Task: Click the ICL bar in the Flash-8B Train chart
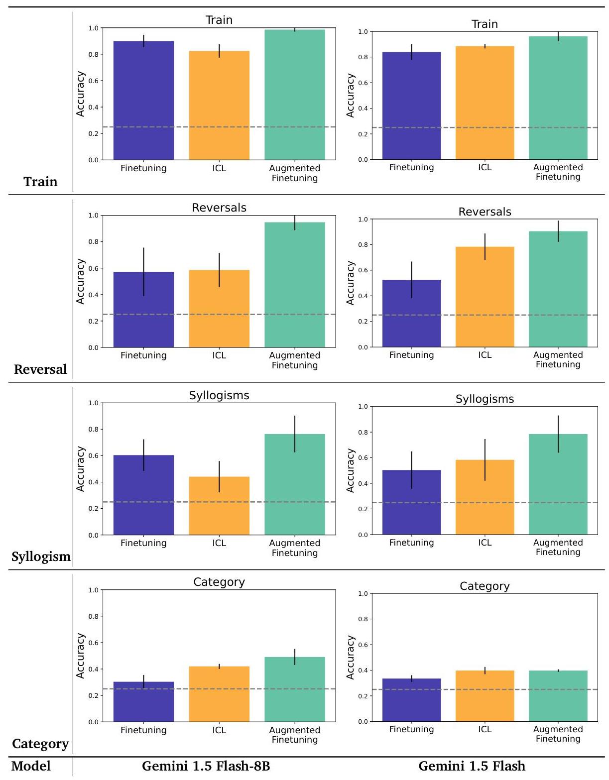pos(219,106)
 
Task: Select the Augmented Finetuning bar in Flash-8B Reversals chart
pos(295,285)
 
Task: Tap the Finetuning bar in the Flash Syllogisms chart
pos(411,502)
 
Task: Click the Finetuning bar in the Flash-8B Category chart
pos(143,702)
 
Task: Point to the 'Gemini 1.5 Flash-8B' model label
pos(206,766)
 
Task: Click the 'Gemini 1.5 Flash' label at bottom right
pos(472,766)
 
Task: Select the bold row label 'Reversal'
pos(40,369)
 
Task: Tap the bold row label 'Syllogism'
pos(41,557)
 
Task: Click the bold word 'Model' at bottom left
pos(31,766)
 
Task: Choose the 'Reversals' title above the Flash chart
pos(485,212)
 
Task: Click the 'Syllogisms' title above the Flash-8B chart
pos(219,396)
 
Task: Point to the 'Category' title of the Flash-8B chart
pos(219,582)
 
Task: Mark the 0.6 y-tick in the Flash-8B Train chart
pos(93,81)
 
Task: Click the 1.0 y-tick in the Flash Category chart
pos(363,594)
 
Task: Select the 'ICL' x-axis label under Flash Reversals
pos(485,355)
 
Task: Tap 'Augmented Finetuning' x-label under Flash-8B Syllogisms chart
pos(295,548)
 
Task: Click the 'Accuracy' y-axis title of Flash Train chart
pos(351,96)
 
